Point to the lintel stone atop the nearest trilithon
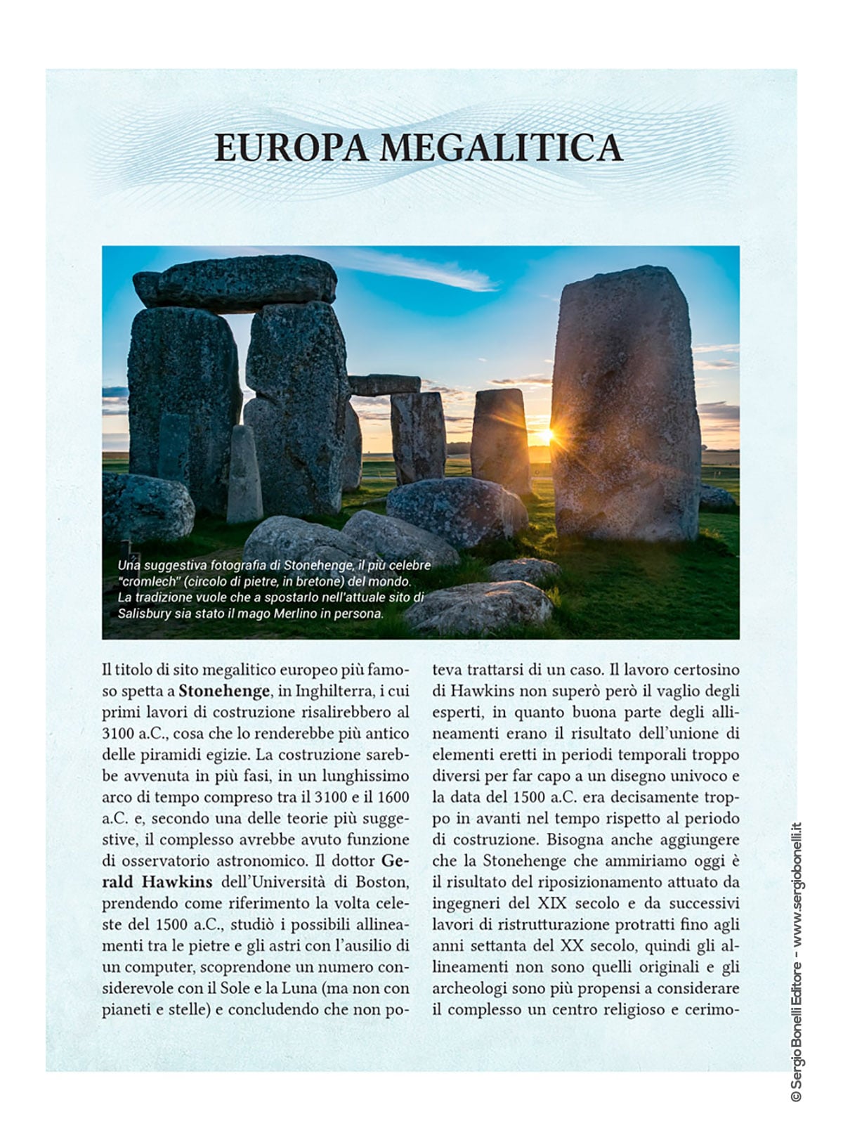pos(235,283)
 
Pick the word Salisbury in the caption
pos(144,613)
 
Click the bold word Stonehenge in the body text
pos(224,691)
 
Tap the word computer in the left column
pos(148,966)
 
